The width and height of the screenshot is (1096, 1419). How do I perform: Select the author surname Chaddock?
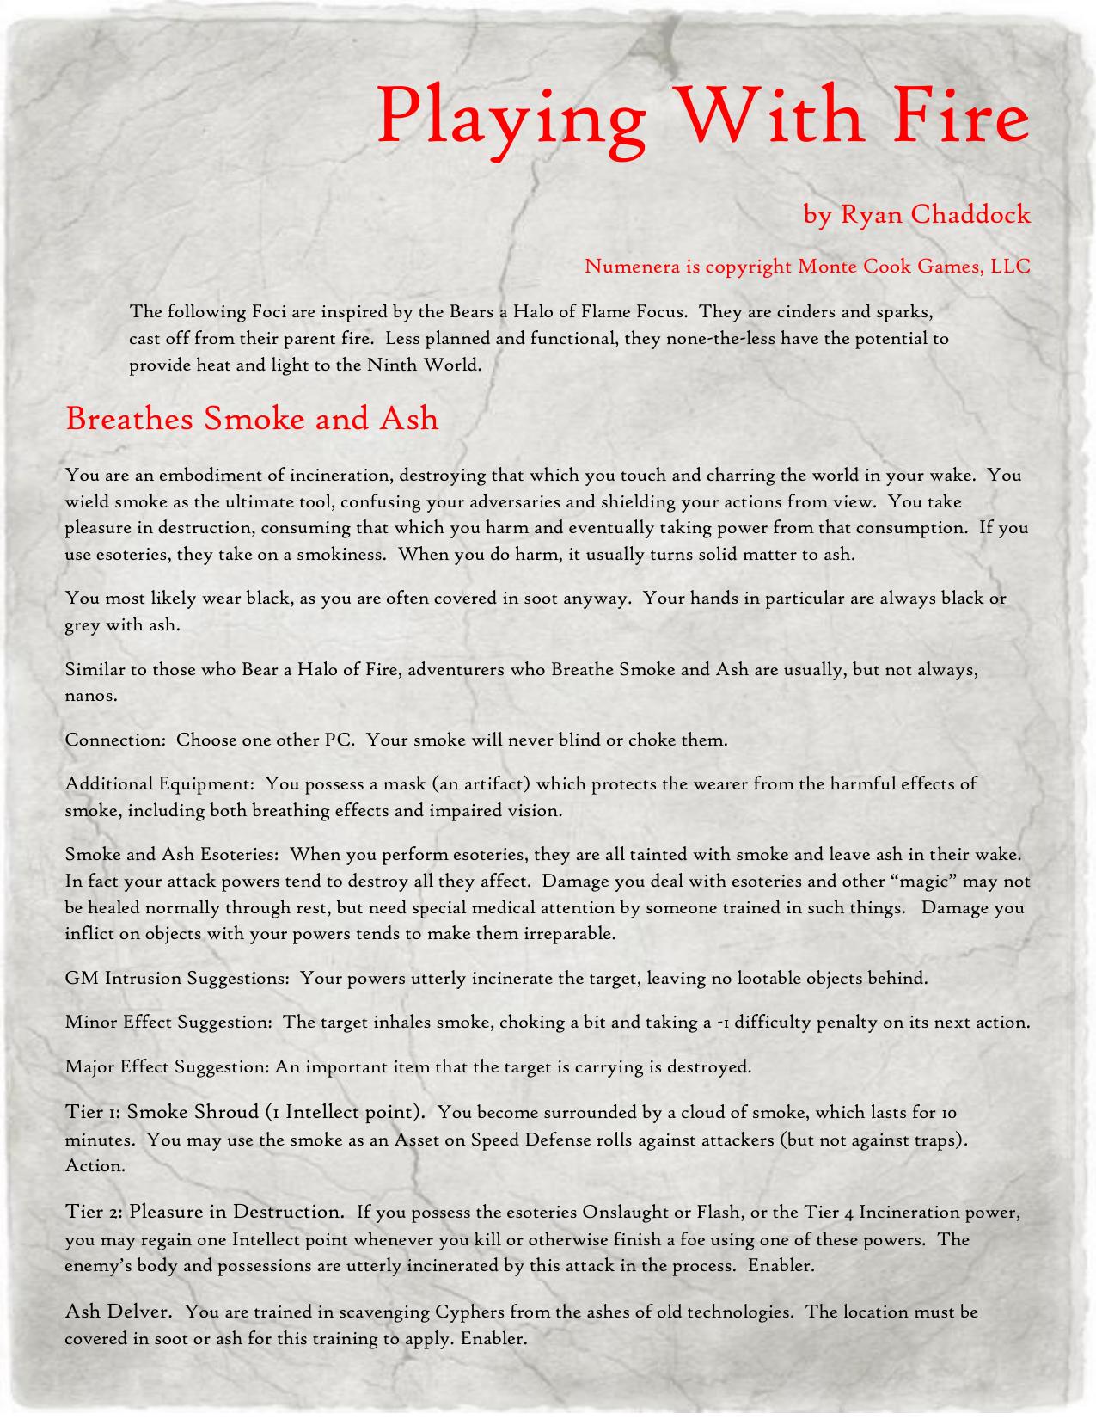point(970,213)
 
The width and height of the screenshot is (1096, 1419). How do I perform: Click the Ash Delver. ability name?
point(119,1311)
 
